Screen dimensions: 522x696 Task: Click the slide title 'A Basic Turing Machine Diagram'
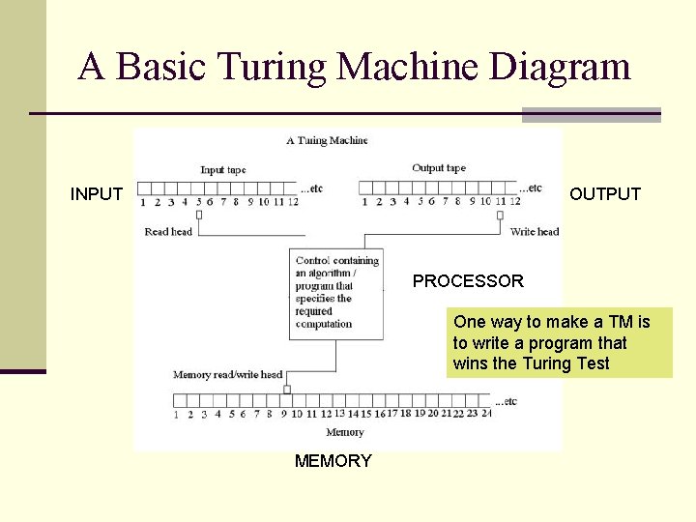(354, 67)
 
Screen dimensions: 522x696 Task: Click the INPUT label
(97, 194)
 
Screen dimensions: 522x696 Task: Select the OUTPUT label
(605, 194)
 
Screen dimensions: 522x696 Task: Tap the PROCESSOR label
(468, 281)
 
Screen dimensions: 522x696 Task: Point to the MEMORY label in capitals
(333, 461)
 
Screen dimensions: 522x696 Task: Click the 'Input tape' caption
(223, 170)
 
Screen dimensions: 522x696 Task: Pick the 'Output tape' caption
(438, 168)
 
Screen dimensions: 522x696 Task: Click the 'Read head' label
(168, 232)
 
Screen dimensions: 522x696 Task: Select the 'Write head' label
(535, 232)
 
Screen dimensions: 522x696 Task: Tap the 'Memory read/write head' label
(227, 375)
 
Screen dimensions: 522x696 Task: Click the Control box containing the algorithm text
(337, 292)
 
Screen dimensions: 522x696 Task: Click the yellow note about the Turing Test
(559, 343)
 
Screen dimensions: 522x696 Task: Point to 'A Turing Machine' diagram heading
(327, 141)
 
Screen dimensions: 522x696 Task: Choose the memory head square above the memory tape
(286, 390)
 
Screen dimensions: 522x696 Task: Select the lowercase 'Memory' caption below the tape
(345, 432)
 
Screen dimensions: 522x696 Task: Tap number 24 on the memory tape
(485, 413)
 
